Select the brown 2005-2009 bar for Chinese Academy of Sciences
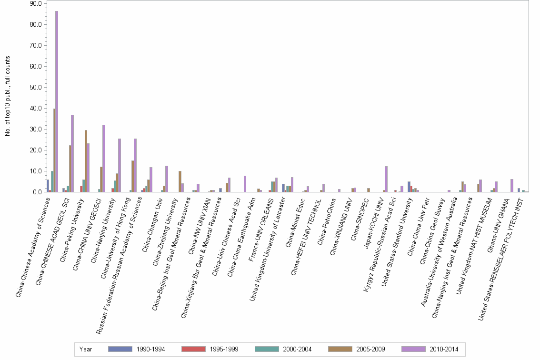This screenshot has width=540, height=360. (x=54, y=150)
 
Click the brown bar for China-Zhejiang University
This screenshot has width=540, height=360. (x=180, y=181)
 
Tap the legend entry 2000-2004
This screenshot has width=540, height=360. (x=296, y=349)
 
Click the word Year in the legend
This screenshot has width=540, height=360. (x=86, y=349)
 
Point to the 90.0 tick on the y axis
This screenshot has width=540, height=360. (x=36, y=3)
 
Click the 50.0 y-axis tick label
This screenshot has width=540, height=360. (x=36, y=87)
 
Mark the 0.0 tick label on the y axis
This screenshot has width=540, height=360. (x=37, y=192)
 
